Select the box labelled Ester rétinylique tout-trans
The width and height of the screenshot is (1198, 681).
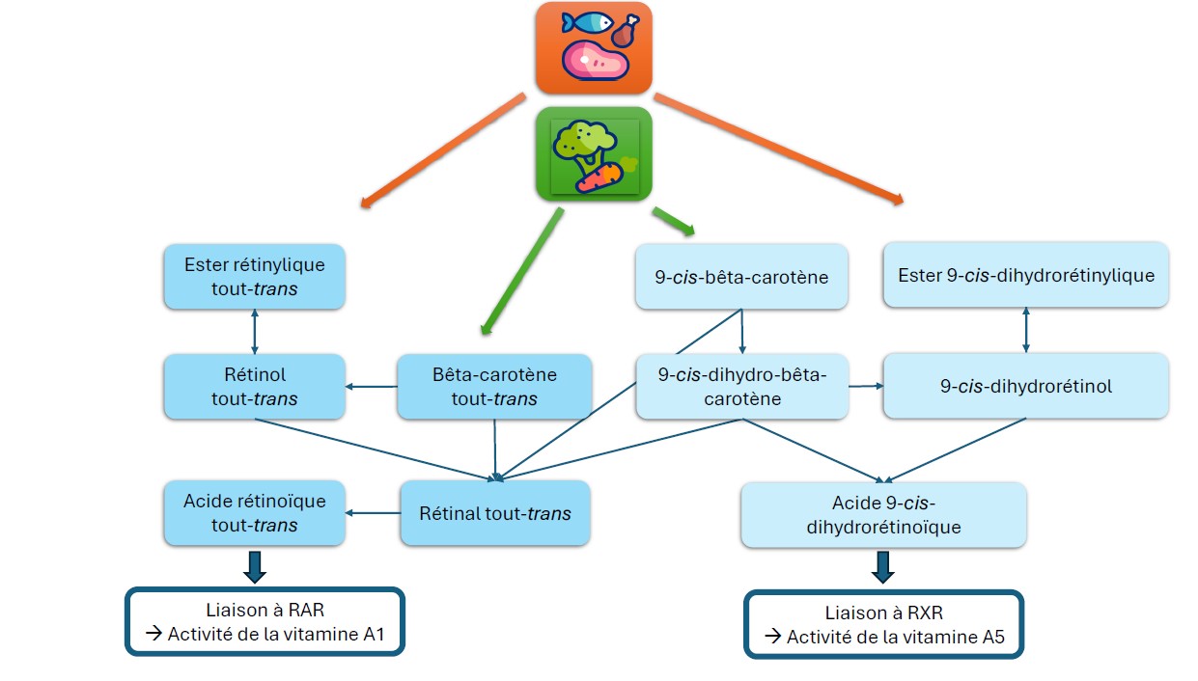click(254, 277)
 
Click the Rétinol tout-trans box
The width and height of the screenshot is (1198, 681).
click(254, 386)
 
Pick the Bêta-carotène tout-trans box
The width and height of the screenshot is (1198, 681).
click(494, 386)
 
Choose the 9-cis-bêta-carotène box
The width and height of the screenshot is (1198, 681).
click(741, 277)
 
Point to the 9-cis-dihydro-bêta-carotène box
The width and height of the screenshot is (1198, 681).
click(741, 386)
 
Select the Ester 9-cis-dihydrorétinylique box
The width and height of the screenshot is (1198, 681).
click(1025, 275)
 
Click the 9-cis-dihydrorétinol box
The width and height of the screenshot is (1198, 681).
click(1025, 386)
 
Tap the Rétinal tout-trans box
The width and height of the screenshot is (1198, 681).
click(494, 513)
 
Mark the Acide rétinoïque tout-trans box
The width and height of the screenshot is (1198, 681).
click(254, 513)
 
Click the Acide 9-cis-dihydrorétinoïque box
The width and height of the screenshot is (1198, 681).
click(883, 516)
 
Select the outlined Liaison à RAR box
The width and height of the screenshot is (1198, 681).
click(264, 622)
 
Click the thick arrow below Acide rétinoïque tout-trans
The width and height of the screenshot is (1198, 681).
click(254, 565)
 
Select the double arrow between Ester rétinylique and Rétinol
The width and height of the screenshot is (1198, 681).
click(254, 332)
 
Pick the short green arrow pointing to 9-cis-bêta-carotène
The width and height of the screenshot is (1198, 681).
click(674, 222)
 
